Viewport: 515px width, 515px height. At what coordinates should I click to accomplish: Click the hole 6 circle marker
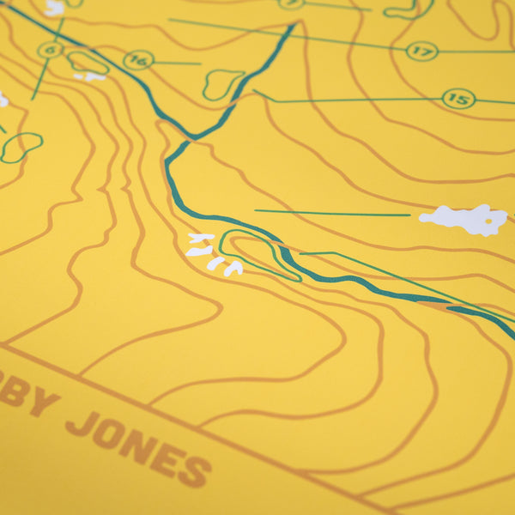(x=50, y=51)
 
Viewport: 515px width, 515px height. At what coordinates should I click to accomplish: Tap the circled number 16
(x=137, y=60)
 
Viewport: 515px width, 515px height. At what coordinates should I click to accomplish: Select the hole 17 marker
(x=421, y=51)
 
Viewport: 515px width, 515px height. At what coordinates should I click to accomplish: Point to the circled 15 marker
(x=458, y=99)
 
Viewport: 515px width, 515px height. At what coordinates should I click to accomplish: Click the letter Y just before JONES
(x=43, y=402)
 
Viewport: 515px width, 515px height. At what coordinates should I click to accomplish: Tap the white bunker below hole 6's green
(x=89, y=76)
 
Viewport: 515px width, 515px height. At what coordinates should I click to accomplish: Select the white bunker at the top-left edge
(x=54, y=8)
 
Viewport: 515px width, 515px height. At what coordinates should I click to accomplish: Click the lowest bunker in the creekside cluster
(x=233, y=269)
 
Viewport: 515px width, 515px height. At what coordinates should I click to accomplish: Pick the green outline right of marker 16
(x=222, y=83)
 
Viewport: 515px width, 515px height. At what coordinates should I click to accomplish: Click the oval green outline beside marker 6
(x=88, y=62)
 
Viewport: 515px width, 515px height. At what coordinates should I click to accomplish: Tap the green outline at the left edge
(x=21, y=146)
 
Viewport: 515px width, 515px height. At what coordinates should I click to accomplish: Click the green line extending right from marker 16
(x=176, y=63)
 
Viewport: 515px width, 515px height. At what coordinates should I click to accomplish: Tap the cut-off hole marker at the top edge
(x=291, y=3)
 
